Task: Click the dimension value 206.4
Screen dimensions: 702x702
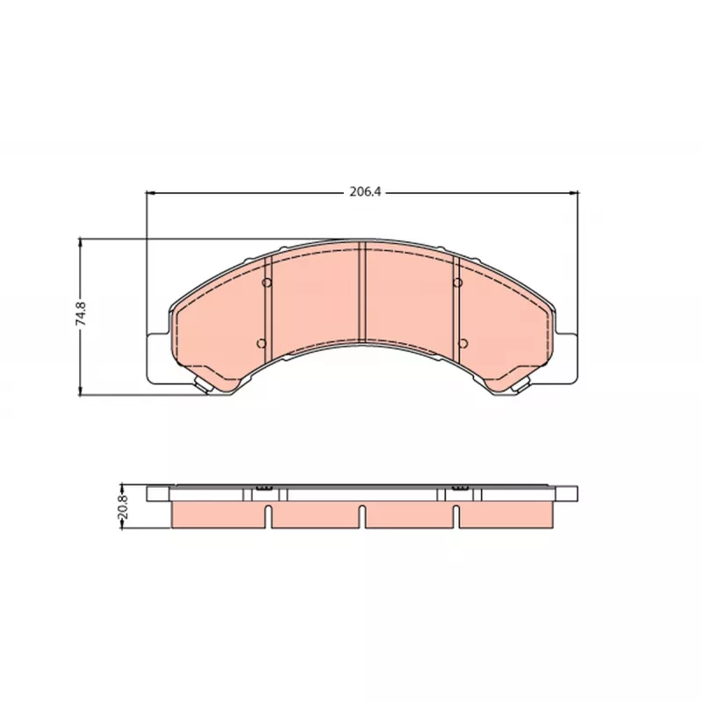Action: point(365,192)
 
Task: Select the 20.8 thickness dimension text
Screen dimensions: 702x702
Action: point(123,506)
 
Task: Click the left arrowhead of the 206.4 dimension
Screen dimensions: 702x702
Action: point(150,192)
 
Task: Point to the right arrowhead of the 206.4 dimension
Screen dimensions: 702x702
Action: point(574,192)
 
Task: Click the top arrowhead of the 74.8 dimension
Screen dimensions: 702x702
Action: point(81,243)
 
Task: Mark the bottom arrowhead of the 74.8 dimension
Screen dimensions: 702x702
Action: point(81,391)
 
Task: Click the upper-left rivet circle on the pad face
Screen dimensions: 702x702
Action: point(267,283)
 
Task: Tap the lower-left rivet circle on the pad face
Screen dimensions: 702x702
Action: point(261,343)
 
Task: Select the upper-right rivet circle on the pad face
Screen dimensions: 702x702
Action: point(457,283)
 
